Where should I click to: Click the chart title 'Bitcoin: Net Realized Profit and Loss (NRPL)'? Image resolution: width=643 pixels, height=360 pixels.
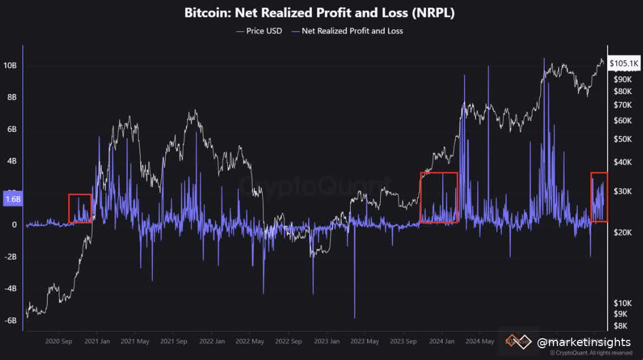(319, 13)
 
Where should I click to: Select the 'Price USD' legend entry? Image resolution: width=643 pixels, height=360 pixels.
(259, 31)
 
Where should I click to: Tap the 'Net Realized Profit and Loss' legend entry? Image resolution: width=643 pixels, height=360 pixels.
(352, 31)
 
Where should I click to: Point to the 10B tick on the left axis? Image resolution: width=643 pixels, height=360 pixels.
(11, 65)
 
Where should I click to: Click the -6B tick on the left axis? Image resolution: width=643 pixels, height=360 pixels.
(11, 321)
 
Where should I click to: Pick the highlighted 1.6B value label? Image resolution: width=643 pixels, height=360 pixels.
(12, 198)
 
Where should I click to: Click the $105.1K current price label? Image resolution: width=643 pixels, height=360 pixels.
(623, 64)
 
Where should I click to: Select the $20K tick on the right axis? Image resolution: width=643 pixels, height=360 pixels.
(622, 232)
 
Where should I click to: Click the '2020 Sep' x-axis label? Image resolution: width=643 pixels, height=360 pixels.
(59, 340)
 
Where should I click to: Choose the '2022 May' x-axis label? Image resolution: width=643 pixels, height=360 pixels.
(249, 340)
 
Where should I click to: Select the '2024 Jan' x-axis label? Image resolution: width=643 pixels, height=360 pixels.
(441, 340)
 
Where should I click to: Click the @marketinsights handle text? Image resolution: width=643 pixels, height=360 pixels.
(584, 342)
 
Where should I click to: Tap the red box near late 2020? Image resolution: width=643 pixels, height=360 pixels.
(80, 209)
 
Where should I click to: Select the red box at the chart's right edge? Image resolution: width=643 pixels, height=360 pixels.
(599, 197)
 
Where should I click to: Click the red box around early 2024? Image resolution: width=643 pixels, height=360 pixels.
(439, 197)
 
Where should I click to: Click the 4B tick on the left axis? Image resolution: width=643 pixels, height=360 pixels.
(11, 161)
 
